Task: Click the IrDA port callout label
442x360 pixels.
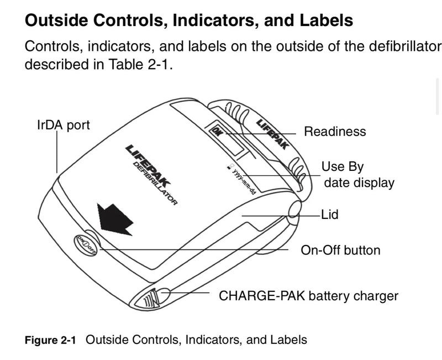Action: (x=63, y=126)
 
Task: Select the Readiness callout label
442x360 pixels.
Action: (x=335, y=132)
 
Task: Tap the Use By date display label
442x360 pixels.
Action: (x=359, y=175)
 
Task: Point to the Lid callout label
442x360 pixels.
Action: (x=330, y=213)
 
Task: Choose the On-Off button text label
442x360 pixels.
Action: (x=340, y=250)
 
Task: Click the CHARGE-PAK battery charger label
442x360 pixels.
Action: (x=308, y=296)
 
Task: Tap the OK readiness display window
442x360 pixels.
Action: (x=228, y=140)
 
